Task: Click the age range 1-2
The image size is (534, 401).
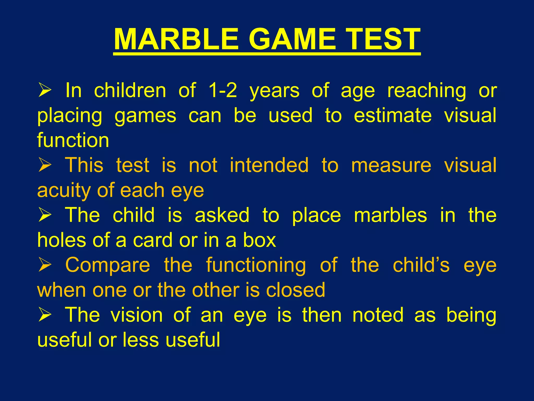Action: [x=223, y=90]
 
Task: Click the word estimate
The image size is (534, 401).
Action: [x=393, y=115]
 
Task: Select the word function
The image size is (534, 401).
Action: [x=73, y=140]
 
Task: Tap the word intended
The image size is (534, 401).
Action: [x=269, y=165]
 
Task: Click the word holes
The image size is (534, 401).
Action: [x=62, y=240]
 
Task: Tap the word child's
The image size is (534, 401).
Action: [x=421, y=265]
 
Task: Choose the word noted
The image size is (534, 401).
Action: [x=378, y=315]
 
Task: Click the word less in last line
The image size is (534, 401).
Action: [x=141, y=340]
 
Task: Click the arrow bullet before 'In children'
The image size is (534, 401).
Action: [x=45, y=90]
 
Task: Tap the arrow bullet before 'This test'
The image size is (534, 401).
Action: [x=45, y=165]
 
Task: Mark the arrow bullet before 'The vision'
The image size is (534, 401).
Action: [x=45, y=315]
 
